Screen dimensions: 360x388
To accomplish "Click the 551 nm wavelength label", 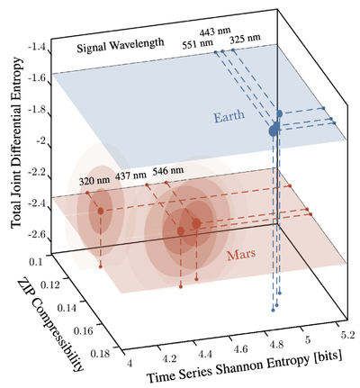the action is (x=198, y=44).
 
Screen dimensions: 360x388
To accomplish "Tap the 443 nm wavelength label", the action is (x=215, y=32).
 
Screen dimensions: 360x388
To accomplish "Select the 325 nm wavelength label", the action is (x=245, y=39).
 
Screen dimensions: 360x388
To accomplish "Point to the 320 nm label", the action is (x=94, y=181).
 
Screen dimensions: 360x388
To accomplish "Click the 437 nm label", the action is (x=130, y=176).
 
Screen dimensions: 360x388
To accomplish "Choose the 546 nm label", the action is (x=168, y=171).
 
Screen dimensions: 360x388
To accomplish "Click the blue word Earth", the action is (x=229, y=116).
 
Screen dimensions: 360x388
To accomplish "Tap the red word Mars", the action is (x=241, y=255).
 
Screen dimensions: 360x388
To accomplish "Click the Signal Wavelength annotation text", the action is (x=121, y=45).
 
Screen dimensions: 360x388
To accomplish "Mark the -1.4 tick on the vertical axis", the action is (x=37, y=48).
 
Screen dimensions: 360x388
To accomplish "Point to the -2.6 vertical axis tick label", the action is (x=37, y=234).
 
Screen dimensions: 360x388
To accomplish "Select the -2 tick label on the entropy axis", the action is (x=40, y=141).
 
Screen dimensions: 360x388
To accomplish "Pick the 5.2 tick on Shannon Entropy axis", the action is (x=348, y=334).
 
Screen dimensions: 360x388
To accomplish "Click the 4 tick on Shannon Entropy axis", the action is (x=130, y=364).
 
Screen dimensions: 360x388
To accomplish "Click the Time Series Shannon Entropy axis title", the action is (x=244, y=366).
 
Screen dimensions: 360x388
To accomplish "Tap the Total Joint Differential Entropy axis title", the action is (x=16, y=142).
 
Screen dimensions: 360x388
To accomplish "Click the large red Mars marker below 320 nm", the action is (x=101, y=211).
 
